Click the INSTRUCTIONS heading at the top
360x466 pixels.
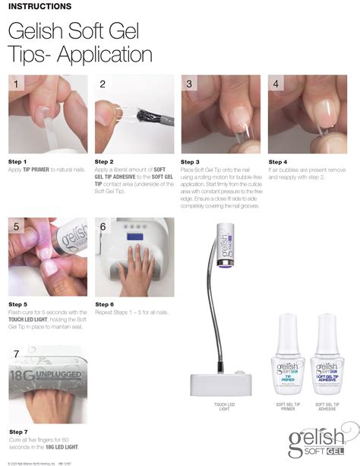point(39,7)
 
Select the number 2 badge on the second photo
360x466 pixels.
point(103,84)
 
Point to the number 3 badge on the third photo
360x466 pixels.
point(190,84)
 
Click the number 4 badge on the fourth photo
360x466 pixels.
point(276,84)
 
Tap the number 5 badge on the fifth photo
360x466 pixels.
point(17,226)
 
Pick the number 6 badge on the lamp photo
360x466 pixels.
point(103,227)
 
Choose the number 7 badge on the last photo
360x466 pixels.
point(17,354)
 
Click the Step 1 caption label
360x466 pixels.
point(17,162)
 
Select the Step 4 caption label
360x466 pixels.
point(278,162)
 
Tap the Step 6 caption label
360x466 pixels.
point(104,305)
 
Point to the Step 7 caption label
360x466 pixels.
point(17,431)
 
